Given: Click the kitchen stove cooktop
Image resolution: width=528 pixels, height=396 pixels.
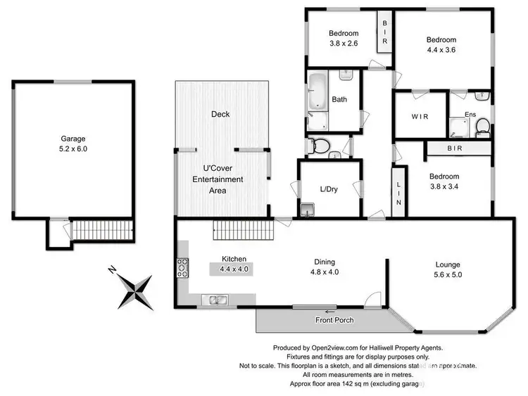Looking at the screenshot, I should click(183, 267).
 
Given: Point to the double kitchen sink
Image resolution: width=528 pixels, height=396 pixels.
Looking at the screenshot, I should click(213, 300).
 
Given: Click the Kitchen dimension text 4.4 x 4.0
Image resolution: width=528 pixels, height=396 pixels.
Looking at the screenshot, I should click(234, 269).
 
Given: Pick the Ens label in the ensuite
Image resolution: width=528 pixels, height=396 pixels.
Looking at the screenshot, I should click(471, 115).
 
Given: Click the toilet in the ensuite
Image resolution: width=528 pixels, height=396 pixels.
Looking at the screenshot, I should click(482, 126).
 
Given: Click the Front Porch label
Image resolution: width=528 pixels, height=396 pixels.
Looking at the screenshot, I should click(334, 321).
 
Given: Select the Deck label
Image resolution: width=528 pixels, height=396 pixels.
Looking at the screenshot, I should click(220, 114).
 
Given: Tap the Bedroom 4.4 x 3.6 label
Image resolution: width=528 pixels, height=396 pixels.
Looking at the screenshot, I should click(441, 46).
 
